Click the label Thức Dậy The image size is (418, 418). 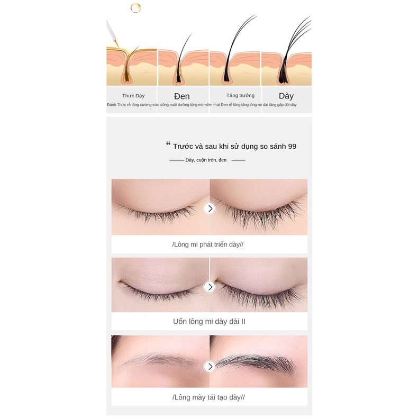click(x=133, y=96)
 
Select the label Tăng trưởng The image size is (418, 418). click(x=240, y=96)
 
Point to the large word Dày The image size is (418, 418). click(x=286, y=96)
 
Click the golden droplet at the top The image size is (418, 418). click(x=135, y=7)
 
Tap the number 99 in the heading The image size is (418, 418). click(x=292, y=146)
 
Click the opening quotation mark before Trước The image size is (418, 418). click(x=168, y=144)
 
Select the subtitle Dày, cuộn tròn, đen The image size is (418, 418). click(x=206, y=160)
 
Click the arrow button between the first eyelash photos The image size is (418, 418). click(x=210, y=208)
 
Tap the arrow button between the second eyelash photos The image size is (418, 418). click(x=210, y=287)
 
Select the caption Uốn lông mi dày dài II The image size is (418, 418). click(x=209, y=321)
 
